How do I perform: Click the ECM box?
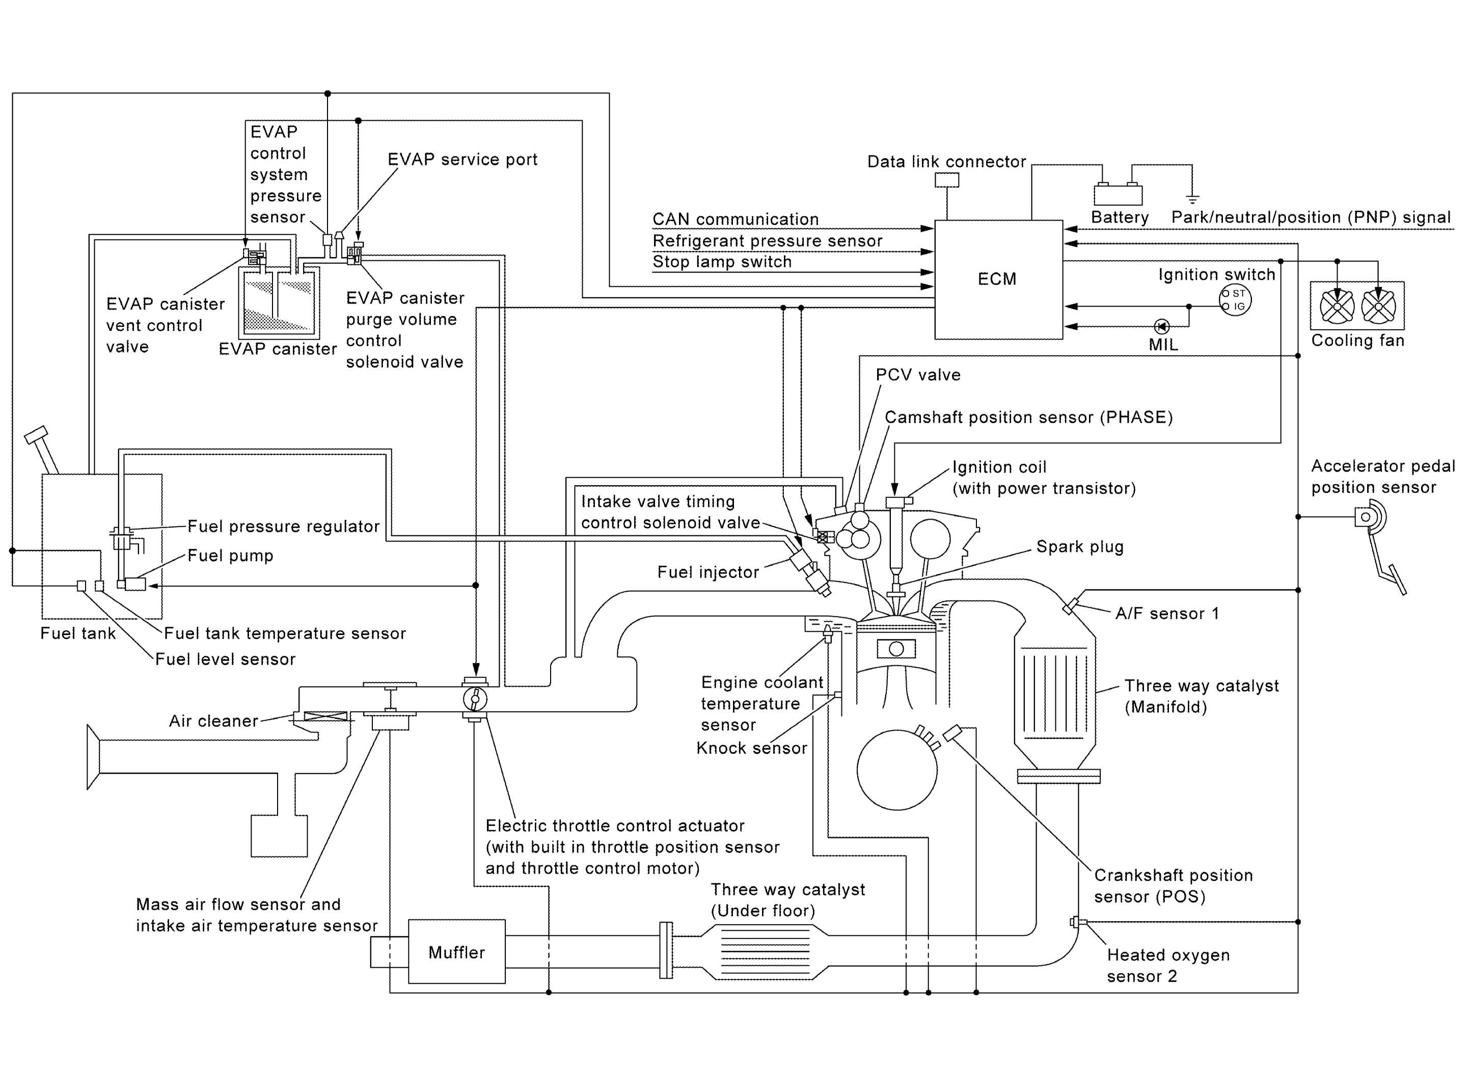998,280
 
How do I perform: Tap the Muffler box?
456,952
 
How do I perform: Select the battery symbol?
1118,195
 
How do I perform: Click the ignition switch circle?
1235,300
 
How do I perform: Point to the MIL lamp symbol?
1161,326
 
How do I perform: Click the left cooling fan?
1337,306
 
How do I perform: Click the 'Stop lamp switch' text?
722,261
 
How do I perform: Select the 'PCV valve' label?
918,374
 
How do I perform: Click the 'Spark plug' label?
1079,547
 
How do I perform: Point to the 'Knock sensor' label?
751,748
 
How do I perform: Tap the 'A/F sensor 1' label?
1166,613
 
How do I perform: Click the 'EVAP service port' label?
462,159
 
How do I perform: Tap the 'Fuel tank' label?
77,633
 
